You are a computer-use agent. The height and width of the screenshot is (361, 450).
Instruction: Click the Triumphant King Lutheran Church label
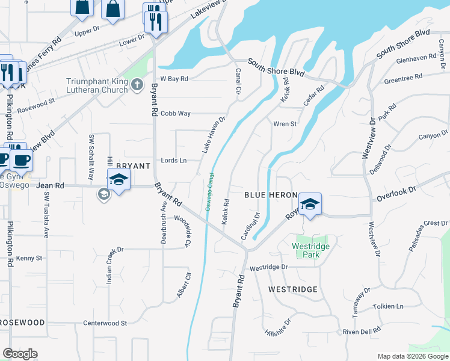97,85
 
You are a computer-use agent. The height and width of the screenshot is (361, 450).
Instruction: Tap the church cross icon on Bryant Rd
137,85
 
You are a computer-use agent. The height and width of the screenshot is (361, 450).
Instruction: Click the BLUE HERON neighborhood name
271,196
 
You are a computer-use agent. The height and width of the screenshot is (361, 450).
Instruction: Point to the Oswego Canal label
209,192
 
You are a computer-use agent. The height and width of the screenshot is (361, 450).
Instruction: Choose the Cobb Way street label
176,113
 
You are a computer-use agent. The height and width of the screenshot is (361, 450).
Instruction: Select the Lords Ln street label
174,160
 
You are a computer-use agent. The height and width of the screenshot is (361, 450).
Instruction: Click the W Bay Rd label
174,79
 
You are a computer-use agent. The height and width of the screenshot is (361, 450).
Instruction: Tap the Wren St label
285,124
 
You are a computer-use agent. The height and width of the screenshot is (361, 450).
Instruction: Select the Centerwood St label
105,323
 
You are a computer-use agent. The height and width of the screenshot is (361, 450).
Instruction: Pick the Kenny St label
29,258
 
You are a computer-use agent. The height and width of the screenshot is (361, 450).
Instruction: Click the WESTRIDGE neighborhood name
293,289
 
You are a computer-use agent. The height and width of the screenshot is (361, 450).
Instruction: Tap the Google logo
20,354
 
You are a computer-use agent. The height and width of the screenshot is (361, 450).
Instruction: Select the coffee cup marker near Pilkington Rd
22,160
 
